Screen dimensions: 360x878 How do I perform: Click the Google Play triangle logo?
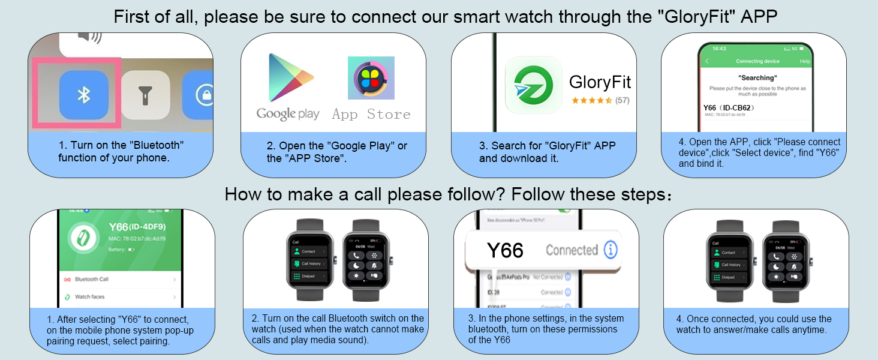coord(290,78)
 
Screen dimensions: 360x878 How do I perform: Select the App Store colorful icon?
coord(371,78)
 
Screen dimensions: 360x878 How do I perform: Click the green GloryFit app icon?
coord(533,85)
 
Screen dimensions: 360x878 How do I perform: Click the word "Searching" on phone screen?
coord(757,78)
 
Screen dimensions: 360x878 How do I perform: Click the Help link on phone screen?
coord(805,61)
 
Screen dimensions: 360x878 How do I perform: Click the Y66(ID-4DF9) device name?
coord(136,227)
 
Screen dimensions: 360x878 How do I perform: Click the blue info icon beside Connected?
coord(611,250)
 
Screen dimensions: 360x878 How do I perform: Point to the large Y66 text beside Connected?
coord(505,250)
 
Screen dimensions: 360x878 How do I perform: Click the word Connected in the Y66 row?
coord(572,250)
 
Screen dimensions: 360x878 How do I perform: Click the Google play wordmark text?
coord(288,114)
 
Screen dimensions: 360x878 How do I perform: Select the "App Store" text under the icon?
coord(371,114)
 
